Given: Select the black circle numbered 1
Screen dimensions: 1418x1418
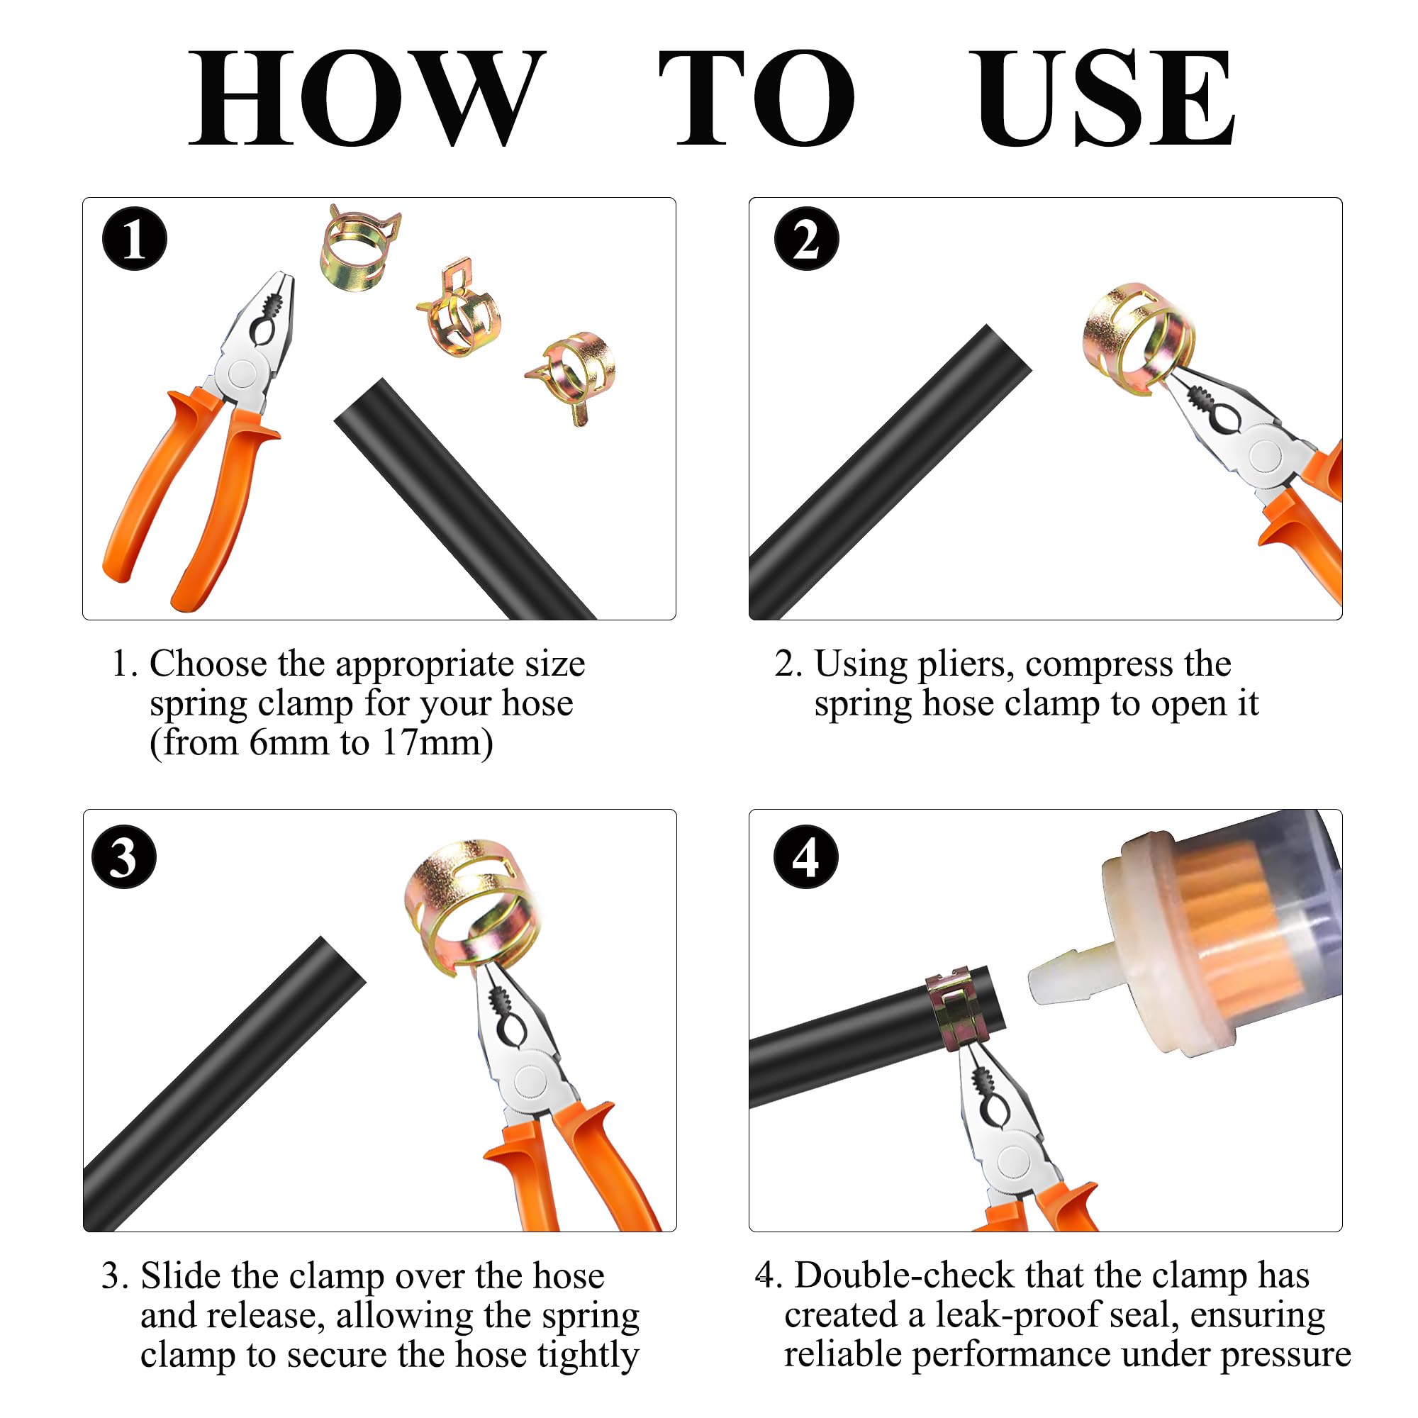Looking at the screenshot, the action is pos(134,239).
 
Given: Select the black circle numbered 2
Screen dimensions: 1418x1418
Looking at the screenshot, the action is pos(807,239).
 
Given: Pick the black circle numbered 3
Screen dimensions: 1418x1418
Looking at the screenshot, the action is pos(124,857).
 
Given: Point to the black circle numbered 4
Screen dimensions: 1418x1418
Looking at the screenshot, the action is pos(807,857).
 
